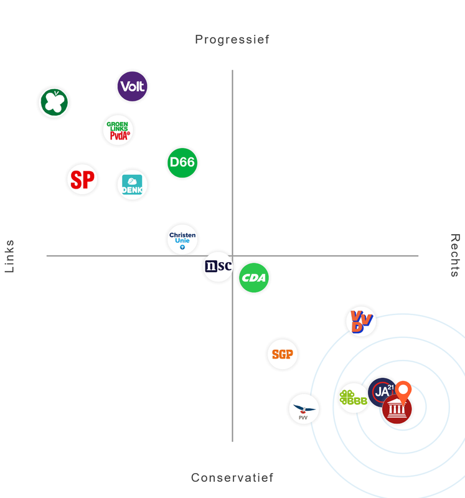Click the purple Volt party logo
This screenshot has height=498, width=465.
(133, 87)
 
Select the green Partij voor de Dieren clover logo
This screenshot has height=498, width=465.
(54, 103)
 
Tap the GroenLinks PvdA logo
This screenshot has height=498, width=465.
(118, 130)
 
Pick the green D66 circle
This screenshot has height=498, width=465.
(182, 162)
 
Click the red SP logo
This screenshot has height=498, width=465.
(82, 180)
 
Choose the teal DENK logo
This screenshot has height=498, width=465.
(132, 185)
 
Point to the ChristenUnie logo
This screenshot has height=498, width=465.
(182, 239)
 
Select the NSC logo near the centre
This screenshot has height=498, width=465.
(218, 266)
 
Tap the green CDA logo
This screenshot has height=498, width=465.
(254, 278)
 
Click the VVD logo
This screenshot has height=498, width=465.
(361, 321)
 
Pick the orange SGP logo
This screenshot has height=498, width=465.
(283, 354)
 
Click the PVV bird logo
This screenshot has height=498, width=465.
(304, 410)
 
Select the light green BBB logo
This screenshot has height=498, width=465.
(353, 398)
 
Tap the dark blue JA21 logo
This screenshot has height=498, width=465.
(380, 391)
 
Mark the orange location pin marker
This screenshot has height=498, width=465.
(404, 392)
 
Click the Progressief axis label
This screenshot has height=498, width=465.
(232, 40)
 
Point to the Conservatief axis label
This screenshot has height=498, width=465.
(232, 478)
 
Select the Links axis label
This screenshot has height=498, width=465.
(9, 256)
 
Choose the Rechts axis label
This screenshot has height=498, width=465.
(455, 255)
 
